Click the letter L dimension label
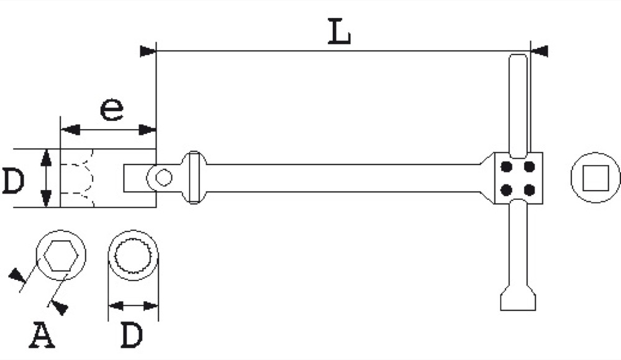(x=340, y=31)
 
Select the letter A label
(x=42, y=335)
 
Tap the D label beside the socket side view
(x=14, y=181)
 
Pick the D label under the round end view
(x=132, y=335)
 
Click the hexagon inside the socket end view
(x=60, y=256)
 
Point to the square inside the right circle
(x=596, y=178)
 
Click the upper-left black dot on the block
(x=507, y=167)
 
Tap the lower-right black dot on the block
(x=530, y=191)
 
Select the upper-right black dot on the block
(x=530, y=167)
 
